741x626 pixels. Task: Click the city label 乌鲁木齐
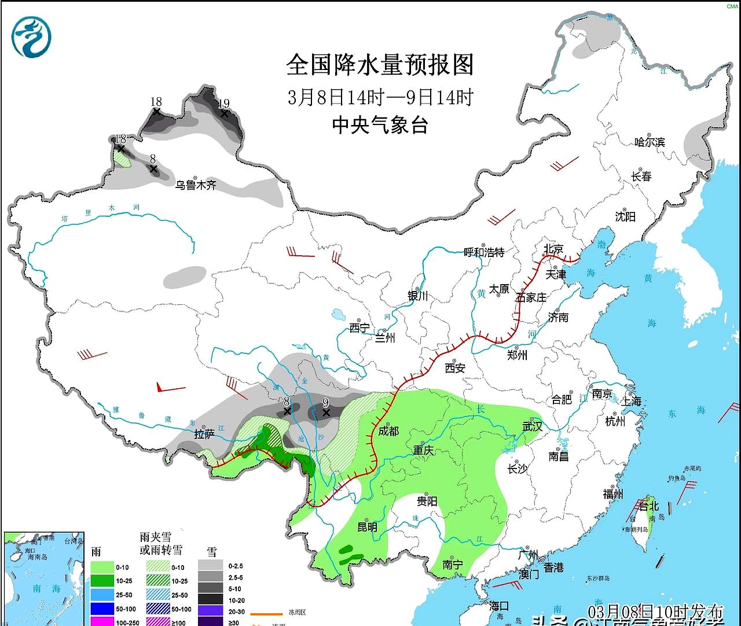pyautogui.click(x=196, y=185)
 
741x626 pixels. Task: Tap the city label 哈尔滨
pyautogui.click(x=650, y=142)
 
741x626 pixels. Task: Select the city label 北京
pyautogui.click(x=553, y=249)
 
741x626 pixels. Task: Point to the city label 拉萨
pyautogui.click(x=204, y=434)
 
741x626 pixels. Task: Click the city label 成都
pyautogui.click(x=388, y=430)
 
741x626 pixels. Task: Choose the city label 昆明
pyautogui.click(x=367, y=526)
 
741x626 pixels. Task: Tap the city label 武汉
pyautogui.click(x=532, y=426)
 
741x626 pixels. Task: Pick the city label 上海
pyautogui.click(x=631, y=401)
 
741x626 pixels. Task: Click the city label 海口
pyautogui.click(x=499, y=606)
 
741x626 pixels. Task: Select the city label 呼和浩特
pyautogui.click(x=485, y=252)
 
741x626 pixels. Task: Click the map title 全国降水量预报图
pyautogui.click(x=380, y=65)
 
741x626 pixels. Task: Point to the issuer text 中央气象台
pyautogui.click(x=380, y=125)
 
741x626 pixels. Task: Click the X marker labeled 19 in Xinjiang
pyautogui.click(x=225, y=113)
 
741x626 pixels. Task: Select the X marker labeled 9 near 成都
pyautogui.click(x=326, y=413)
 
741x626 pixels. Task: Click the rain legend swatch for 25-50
pyautogui.click(x=102, y=595)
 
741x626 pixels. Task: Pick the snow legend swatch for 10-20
pyautogui.click(x=210, y=600)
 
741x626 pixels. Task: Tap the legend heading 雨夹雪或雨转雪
pyautogui.click(x=161, y=543)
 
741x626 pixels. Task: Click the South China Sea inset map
pyautogui.click(x=43, y=579)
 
